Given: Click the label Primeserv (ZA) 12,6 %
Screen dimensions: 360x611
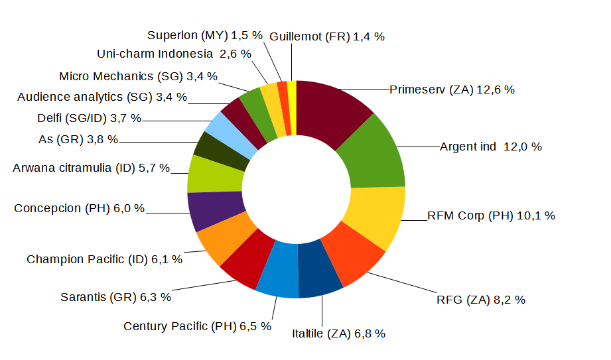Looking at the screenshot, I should click(452, 90).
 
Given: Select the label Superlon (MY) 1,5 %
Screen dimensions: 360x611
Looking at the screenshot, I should click(205, 36).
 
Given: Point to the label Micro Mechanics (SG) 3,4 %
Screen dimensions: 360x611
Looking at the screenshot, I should click(139, 76).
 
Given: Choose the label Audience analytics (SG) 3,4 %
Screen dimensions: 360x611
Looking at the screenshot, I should click(102, 97).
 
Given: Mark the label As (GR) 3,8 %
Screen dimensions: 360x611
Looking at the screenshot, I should click(78, 139).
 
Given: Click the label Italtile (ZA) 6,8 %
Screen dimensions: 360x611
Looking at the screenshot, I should click(338, 333).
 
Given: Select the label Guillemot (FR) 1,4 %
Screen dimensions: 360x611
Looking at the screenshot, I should click(327, 37).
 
